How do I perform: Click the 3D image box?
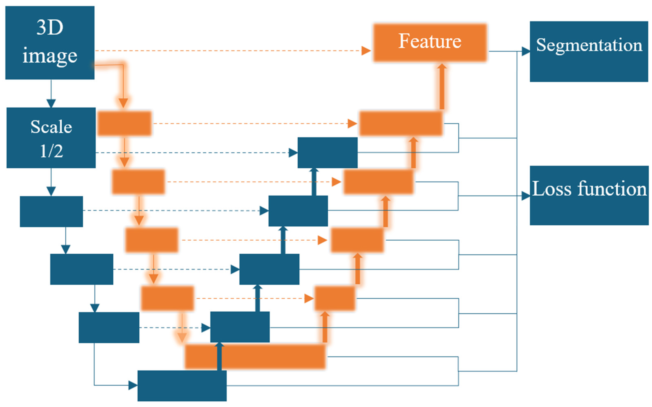click(50, 43)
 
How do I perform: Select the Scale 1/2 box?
click(51, 138)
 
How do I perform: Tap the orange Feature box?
click(430, 43)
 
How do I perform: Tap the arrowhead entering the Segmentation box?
click(526, 51)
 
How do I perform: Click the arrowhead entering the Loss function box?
click(526, 196)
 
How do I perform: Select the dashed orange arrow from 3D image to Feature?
click(228, 50)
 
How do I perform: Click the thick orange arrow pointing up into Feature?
click(442, 86)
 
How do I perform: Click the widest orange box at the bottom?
click(269, 357)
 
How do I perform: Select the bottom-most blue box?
click(182, 385)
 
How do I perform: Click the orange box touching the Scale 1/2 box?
click(124, 123)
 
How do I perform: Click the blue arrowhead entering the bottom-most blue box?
click(133, 385)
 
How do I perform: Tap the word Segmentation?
click(589, 45)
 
